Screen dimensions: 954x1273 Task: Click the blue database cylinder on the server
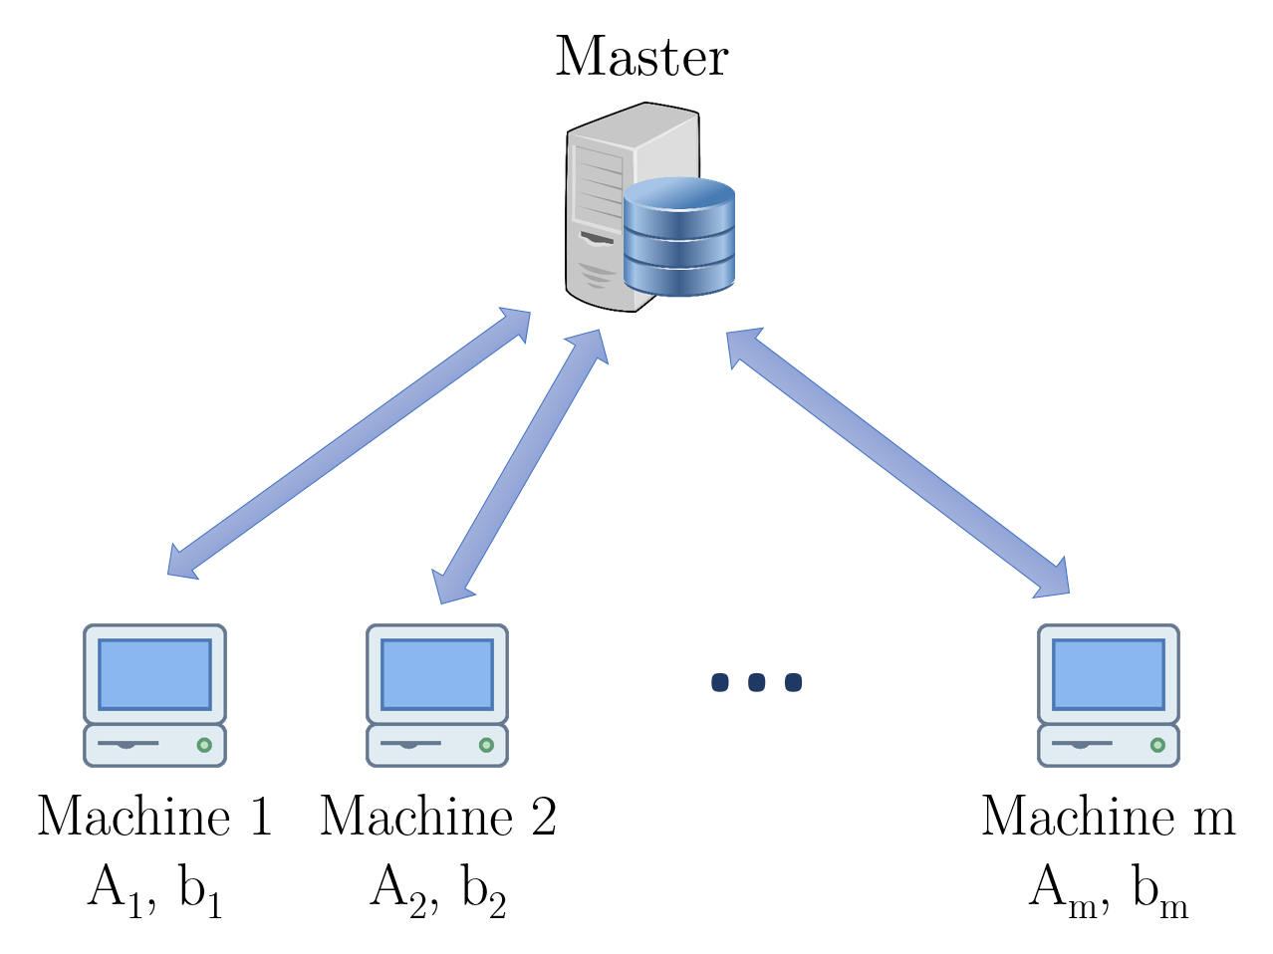[x=679, y=244]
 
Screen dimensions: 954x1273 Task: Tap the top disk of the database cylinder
[x=679, y=194]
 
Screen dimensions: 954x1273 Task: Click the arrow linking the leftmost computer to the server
[x=349, y=443]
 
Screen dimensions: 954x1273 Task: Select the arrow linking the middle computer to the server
[x=520, y=466]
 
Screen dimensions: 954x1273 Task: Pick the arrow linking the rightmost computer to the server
[x=896, y=462]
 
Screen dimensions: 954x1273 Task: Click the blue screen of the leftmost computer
[x=154, y=674]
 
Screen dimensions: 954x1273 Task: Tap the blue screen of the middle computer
[x=437, y=674]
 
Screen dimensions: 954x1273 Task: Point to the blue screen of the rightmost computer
[x=1109, y=674]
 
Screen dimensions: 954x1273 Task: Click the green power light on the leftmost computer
[x=204, y=745]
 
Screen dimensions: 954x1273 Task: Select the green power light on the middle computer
[x=486, y=745]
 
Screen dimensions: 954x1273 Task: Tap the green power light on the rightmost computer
[x=1157, y=745]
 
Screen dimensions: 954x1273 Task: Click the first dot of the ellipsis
[x=720, y=682]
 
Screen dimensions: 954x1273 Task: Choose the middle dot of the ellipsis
[x=757, y=682]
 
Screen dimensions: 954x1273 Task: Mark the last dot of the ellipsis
[x=793, y=682]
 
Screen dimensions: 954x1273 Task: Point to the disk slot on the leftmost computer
[x=127, y=743]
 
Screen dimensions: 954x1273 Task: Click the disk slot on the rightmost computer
[x=1082, y=743]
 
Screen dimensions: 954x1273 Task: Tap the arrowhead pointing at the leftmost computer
[x=181, y=565]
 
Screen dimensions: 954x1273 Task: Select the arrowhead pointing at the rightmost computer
[x=1054, y=581]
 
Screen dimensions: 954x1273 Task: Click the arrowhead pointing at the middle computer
[x=450, y=587]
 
